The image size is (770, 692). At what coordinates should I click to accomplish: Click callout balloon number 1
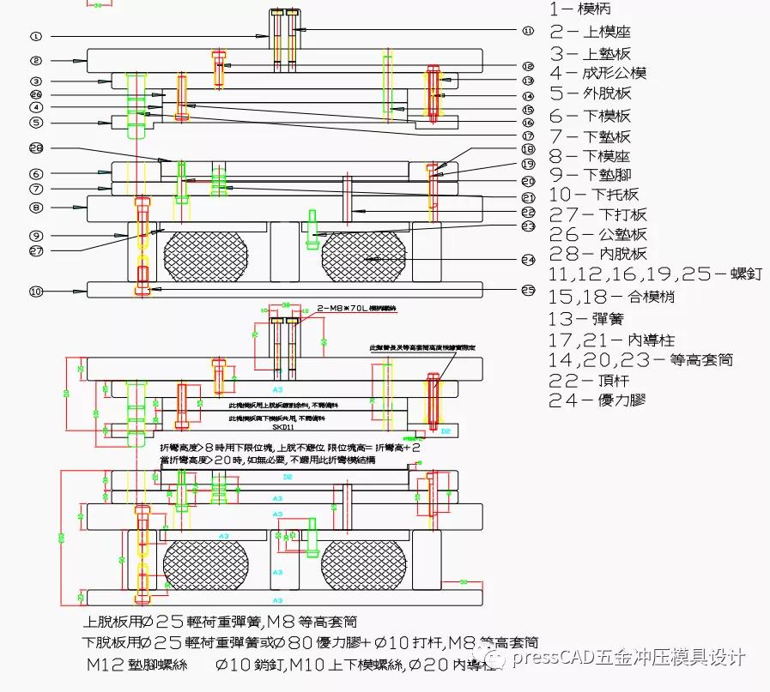tap(35, 37)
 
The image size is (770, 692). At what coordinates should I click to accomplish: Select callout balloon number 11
tap(527, 30)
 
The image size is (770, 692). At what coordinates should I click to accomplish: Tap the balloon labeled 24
tap(527, 259)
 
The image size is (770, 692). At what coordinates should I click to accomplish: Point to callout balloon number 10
tap(35, 292)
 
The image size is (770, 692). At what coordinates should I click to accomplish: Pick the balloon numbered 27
tap(35, 251)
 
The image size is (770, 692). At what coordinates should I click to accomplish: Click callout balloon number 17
tap(527, 135)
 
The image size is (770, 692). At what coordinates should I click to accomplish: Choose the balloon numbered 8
tap(35, 207)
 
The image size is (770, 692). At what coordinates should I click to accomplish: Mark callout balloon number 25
tap(527, 290)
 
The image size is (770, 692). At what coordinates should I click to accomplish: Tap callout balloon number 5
tap(35, 123)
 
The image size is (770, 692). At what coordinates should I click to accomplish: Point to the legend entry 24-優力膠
tap(597, 400)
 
